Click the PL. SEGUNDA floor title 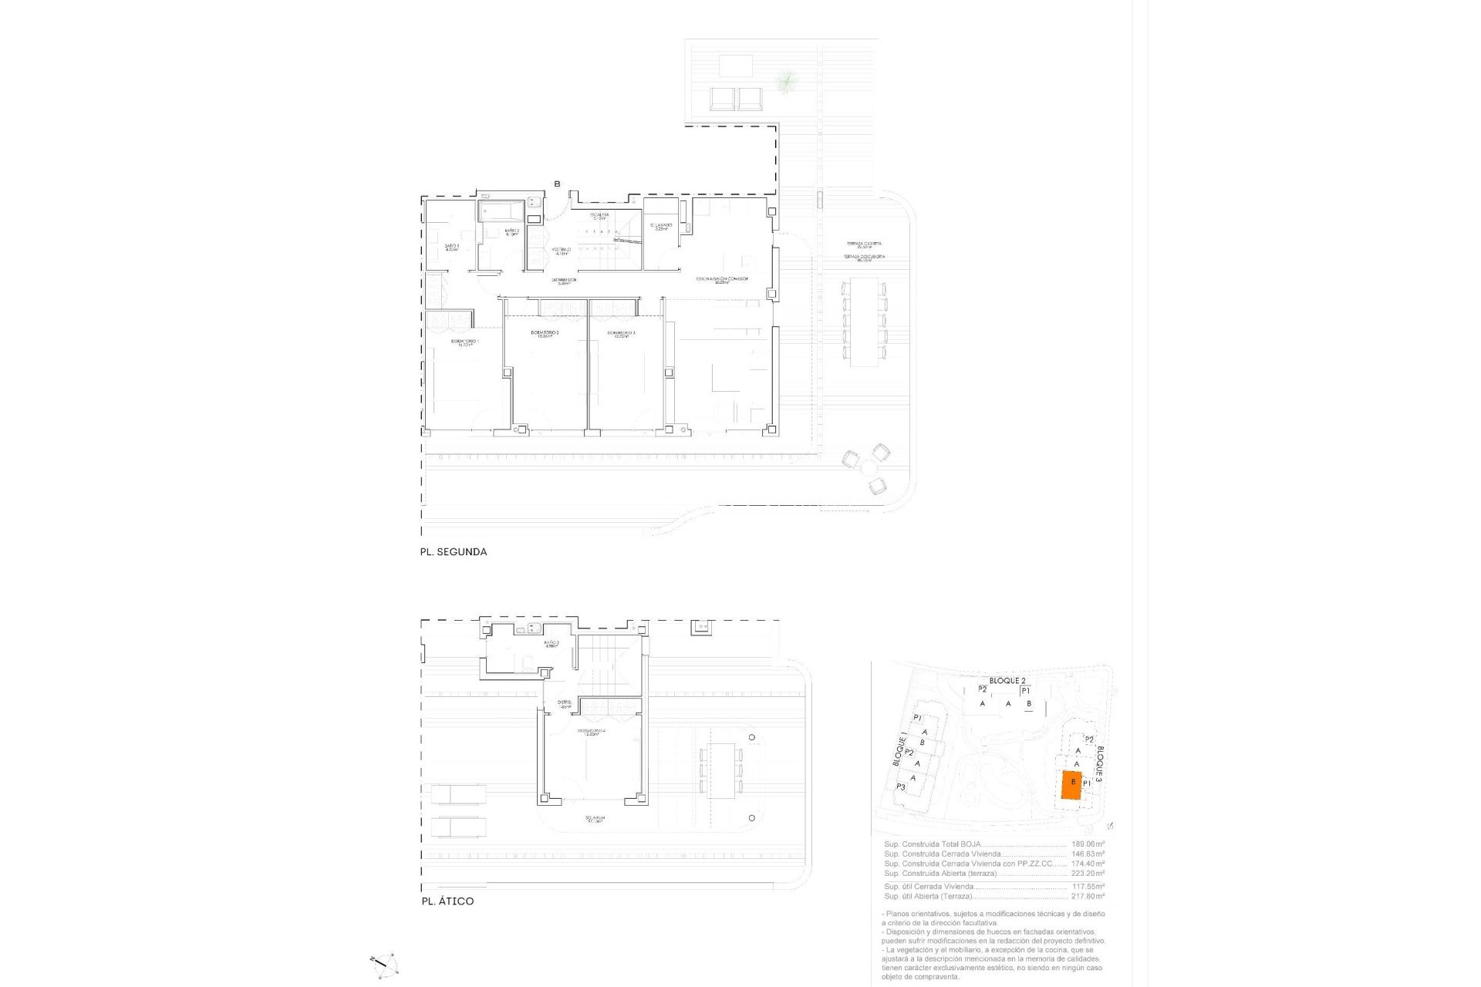tap(453, 552)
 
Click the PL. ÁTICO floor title tap(447, 901)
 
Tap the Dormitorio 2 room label tap(545, 334)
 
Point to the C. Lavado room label tap(661, 227)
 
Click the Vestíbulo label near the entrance tap(562, 251)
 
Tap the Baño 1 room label tap(451, 247)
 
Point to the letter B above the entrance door tap(557, 184)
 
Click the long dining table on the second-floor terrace tap(864, 322)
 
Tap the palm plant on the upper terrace tap(786, 80)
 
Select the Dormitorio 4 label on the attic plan tap(591, 732)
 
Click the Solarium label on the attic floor tap(594, 819)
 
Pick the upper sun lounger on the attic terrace tap(458, 794)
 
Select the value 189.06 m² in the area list tap(1088, 844)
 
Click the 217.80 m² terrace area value tap(1088, 896)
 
